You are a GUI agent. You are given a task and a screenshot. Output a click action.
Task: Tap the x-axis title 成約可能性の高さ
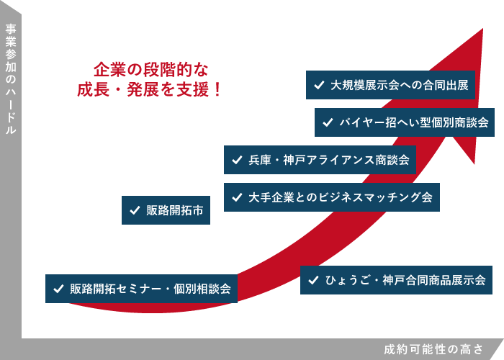(x=433, y=349)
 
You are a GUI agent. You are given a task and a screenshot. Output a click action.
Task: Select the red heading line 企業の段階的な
(x=150, y=70)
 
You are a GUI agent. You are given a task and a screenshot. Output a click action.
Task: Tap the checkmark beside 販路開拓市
(x=134, y=210)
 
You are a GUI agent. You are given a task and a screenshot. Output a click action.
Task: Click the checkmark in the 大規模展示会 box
(x=318, y=85)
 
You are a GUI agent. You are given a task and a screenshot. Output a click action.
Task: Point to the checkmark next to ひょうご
(x=312, y=280)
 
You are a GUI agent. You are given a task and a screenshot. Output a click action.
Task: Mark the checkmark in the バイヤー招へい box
(x=327, y=122)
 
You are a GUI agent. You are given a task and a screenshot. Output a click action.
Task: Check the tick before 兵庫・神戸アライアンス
(x=236, y=160)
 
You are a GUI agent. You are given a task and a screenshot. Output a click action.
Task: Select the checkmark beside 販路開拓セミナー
(x=58, y=289)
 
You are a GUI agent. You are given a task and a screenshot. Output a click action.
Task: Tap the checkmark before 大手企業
(x=236, y=197)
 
